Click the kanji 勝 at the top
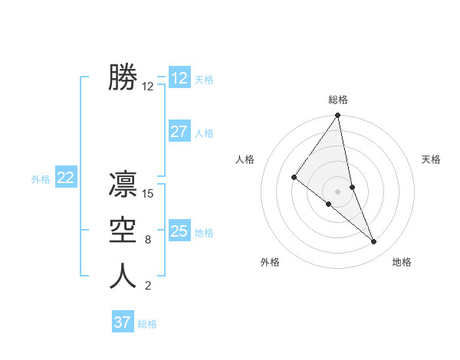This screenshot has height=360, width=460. (x=123, y=78)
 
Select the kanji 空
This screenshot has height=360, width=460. (x=123, y=231)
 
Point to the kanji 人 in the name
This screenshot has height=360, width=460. (x=123, y=277)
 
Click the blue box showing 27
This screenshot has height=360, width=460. (x=179, y=132)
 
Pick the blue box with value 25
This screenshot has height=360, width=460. (x=179, y=231)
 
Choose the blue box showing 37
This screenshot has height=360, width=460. (x=123, y=322)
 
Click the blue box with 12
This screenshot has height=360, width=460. (x=179, y=78)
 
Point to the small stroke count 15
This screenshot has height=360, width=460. (x=149, y=194)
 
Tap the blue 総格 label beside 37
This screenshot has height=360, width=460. (x=147, y=324)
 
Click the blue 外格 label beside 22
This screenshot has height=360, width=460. (x=41, y=179)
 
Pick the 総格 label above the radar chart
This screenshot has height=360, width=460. (x=338, y=100)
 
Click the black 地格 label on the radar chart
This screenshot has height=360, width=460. (x=402, y=262)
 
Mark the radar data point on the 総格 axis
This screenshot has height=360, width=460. (x=338, y=116)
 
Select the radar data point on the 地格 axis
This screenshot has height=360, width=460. (x=374, y=242)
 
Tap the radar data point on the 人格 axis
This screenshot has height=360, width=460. (x=294, y=177)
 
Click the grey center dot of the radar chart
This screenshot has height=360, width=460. (x=337, y=191)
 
